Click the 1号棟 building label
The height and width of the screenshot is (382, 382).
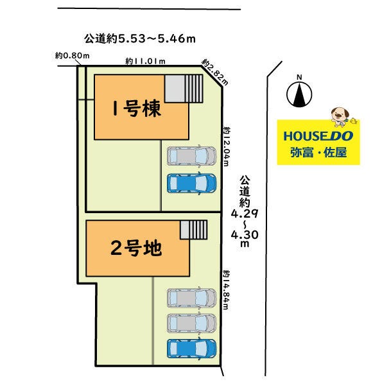click(137, 109)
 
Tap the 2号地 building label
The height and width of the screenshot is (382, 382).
click(136, 248)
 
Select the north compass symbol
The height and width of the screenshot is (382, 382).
click(299, 95)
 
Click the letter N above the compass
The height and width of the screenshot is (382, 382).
click(299, 77)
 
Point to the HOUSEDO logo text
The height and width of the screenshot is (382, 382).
click(318, 136)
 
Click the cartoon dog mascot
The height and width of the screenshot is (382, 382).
click(340, 117)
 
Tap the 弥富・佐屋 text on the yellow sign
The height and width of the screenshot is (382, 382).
click(318, 153)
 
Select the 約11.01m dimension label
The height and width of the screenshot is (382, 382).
click(146, 61)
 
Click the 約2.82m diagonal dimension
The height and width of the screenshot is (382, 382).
click(215, 72)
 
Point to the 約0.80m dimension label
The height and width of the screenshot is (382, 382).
click(73, 56)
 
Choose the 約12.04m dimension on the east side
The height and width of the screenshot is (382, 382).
click(227, 146)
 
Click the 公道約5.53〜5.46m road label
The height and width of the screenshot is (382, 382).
click(140, 39)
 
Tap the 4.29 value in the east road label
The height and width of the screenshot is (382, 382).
click(245, 214)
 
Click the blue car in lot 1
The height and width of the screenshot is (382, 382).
click(191, 184)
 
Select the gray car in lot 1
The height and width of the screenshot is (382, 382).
click(191, 156)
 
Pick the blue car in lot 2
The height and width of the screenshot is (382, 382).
click(191, 349)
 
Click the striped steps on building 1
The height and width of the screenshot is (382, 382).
click(194, 89)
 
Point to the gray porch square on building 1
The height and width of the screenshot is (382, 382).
click(175, 89)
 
